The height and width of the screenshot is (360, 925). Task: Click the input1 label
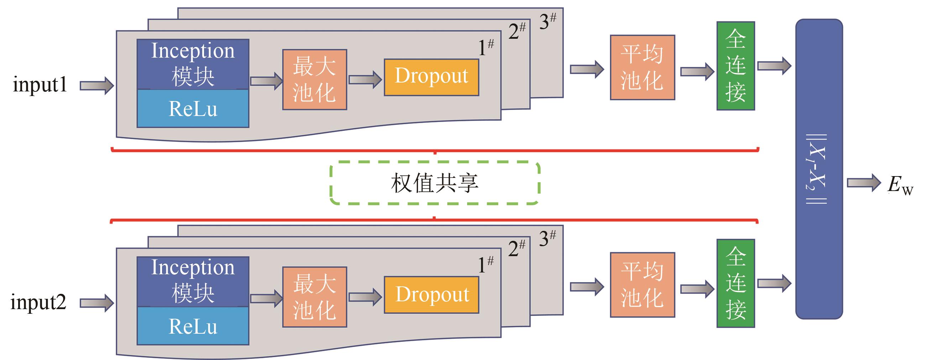click(x=40, y=85)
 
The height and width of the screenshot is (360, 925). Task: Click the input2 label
click(x=38, y=302)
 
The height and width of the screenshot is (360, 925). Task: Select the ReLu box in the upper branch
click(x=193, y=108)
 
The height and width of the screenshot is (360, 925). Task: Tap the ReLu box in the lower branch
click(x=193, y=326)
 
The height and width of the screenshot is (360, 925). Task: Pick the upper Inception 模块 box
click(x=193, y=64)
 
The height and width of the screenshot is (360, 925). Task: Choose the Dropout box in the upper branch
click(x=431, y=77)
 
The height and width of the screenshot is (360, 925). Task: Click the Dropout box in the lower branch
click(x=431, y=295)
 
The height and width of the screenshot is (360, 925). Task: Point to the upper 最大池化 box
click(x=314, y=79)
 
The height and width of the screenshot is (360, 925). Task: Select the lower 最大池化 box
click(x=314, y=297)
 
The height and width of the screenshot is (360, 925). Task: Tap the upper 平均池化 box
click(x=642, y=67)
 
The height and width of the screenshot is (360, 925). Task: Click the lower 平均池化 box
click(x=642, y=285)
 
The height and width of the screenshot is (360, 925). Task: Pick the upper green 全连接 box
click(x=735, y=66)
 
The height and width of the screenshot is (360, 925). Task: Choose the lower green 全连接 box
click(x=735, y=283)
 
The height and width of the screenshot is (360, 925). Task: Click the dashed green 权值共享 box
click(x=434, y=183)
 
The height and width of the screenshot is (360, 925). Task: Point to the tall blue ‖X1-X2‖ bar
click(x=819, y=169)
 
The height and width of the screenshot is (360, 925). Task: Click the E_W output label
click(x=900, y=186)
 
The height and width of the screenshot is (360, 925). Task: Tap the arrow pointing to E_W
click(x=864, y=183)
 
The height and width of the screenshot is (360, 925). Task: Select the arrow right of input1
click(x=96, y=86)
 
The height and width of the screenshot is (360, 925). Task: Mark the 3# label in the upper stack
click(x=548, y=22)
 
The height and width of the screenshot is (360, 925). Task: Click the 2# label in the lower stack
click(x=517, y=248)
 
